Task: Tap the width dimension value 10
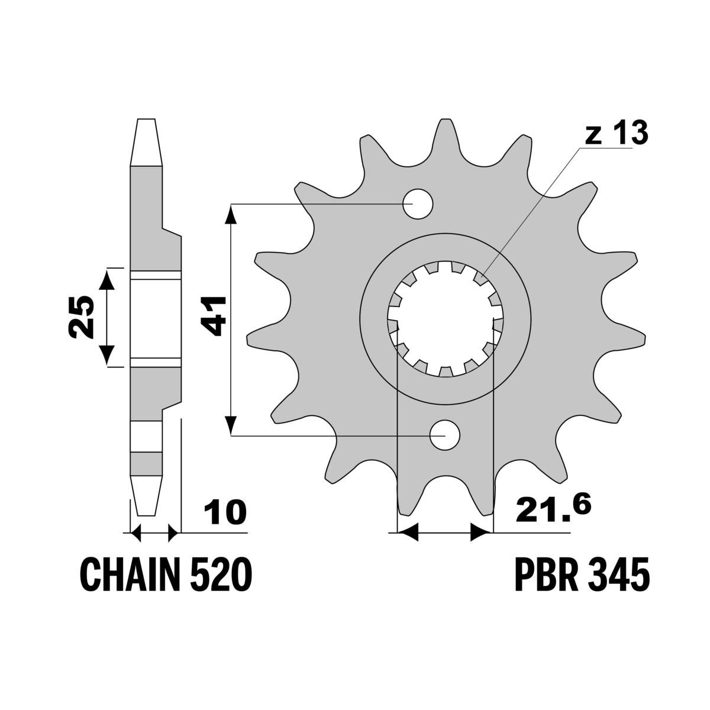click(x=225, y=512)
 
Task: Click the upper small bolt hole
click(x=418, y=204)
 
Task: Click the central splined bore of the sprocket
click(x=445, y=319)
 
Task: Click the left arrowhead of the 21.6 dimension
click(x=408, y=532)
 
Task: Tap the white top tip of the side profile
click(x=146, y=142)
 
